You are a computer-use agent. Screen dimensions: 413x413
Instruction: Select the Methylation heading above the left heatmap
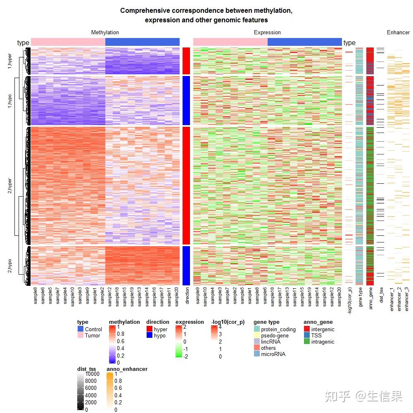coord(105,32)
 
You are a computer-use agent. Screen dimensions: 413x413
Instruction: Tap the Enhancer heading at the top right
coord(398,32)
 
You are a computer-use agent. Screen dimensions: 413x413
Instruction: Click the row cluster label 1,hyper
coord(10,60)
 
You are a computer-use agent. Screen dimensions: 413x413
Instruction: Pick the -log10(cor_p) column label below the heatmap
coord(349,301)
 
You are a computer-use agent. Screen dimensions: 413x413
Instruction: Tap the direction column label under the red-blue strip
coord(187,296)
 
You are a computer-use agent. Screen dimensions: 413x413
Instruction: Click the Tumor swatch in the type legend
coord(81,335)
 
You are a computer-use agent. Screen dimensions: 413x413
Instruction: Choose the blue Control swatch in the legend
coord(81,329)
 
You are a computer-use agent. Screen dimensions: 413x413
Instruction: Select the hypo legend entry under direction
coord(159,335)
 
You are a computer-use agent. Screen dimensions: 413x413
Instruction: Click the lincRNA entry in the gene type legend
coord(271,342)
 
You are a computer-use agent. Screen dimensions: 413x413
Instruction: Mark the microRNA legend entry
coord(273,354)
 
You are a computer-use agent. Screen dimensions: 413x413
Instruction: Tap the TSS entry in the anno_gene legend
coord(316,335)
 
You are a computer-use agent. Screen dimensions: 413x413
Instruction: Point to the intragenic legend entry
coord(323,342)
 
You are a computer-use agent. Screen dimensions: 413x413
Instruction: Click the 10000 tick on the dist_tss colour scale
coord(92,374)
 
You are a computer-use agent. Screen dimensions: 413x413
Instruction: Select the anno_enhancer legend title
coord(127,369)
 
